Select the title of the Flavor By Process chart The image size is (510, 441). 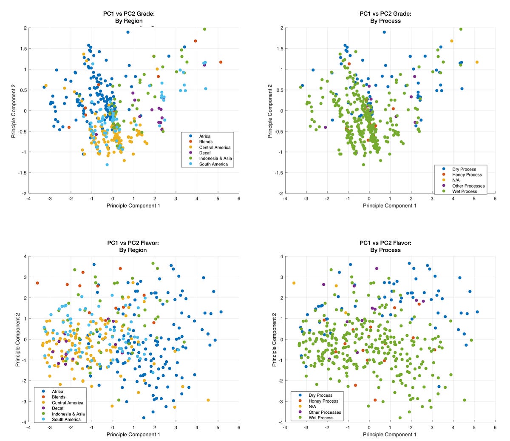(385, 246)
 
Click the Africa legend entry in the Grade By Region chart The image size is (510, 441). (205, 136)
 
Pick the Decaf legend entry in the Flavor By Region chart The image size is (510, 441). (58, 408)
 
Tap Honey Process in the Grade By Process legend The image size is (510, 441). (467, 175)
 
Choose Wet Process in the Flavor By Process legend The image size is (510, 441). (321, 418)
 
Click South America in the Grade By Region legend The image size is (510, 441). (213, 164)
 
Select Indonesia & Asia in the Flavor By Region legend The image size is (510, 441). (68, 414)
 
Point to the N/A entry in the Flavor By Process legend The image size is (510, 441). (312, 407)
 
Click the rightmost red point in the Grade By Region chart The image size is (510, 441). (221, 62)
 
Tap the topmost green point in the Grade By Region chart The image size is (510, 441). (204, 29)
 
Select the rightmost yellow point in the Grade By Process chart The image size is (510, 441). (477, 62)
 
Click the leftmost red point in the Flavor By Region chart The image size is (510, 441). (37, 283)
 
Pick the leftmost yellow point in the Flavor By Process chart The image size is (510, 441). (294, 283)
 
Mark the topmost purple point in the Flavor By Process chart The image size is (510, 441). (377, 268)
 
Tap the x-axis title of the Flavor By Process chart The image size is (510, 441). (389, 435)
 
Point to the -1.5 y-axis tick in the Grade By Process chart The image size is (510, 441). (279, 173)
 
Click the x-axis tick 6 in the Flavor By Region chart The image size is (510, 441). (239, 427)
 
